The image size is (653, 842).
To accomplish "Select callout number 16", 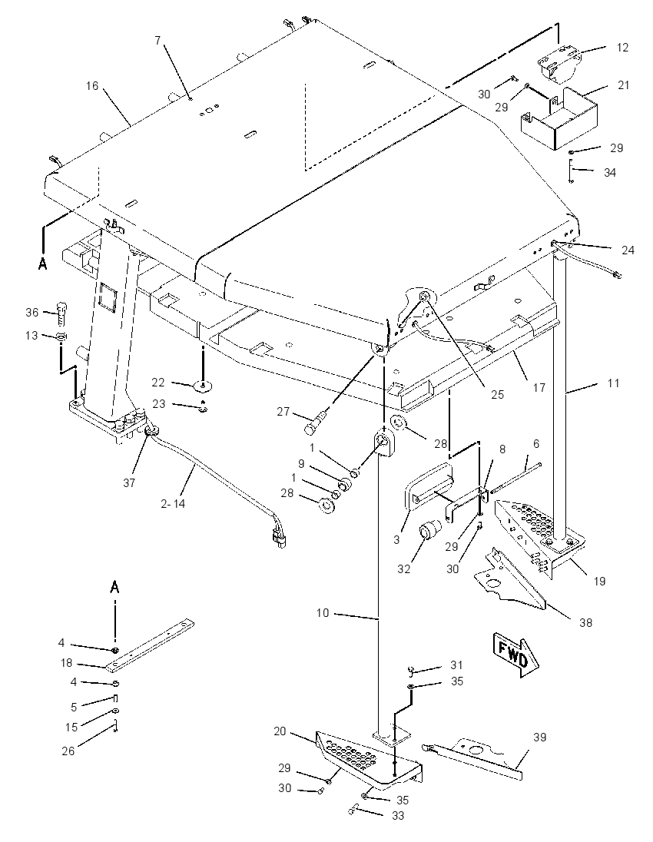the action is click(x=92, y=86).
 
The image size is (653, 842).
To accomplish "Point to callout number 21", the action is click(x=623, y=85).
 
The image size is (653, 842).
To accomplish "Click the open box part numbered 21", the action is click(x=559, y=119).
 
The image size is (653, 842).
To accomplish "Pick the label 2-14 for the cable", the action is click(x=173, y=504).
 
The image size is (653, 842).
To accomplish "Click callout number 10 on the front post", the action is click(x=322, y=613).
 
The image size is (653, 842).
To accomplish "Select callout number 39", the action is click(x=540, y=738).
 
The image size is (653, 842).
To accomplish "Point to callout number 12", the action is click(x=622, y=48).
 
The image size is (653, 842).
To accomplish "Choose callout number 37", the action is click(x=129, y=482).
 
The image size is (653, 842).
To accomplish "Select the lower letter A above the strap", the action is click(x=114, y=588).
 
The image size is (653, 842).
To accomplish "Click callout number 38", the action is click(x=585, y=622).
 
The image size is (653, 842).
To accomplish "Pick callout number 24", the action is click(x=628, y=250).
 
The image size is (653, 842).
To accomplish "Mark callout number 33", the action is click(x=397, y=815).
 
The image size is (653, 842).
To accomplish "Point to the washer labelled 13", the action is click(x=61, y=336).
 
